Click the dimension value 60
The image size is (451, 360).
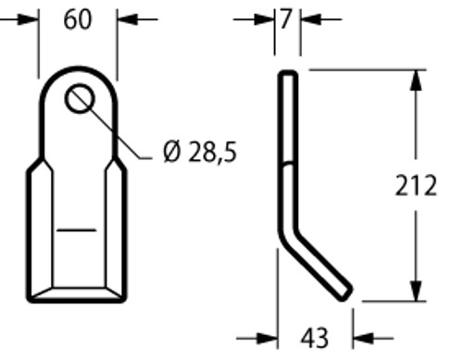(78, 19)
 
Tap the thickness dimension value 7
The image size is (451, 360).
(286, 19)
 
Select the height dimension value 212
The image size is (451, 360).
(416, 185)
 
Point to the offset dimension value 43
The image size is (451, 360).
(314, 339)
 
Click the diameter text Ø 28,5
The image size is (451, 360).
(200, 152)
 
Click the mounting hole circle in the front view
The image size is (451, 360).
(80, 99)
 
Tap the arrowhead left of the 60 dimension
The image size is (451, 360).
(28, 19)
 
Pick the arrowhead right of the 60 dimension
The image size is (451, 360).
(128, 19)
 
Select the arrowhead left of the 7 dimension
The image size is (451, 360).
(264, 19)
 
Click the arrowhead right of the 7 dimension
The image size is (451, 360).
(311, 19)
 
